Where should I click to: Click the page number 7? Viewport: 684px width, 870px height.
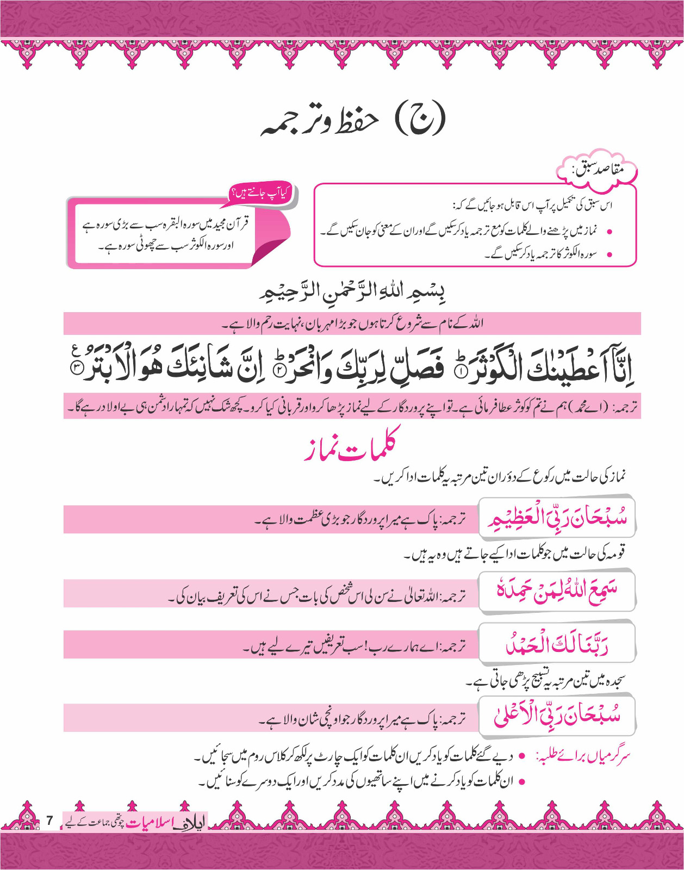coord(49,821)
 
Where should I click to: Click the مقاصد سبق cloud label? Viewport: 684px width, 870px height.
coord(597,170)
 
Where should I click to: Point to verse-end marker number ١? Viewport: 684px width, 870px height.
coord(460,372)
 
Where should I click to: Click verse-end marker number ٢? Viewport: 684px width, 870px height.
coord(278,372)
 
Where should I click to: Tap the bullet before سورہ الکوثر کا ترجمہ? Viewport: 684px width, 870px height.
coord(610,254)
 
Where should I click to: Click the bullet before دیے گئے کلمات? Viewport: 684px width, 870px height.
coord(522,756)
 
